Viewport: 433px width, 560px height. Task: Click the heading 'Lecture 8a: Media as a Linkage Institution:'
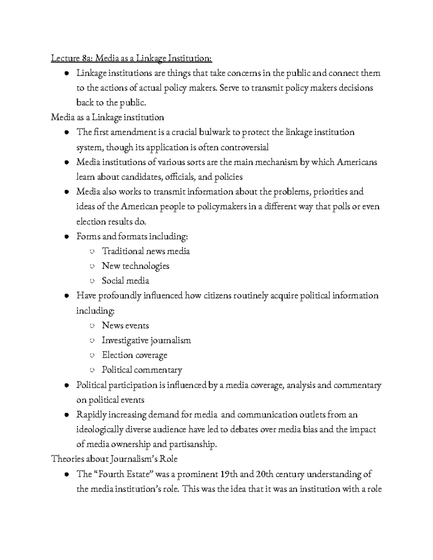[x=132, y=58]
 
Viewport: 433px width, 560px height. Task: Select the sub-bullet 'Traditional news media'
[x=146, y=251]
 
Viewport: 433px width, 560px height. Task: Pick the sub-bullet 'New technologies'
[x=135, y=266]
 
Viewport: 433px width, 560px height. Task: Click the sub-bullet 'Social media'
[x=125, y=281]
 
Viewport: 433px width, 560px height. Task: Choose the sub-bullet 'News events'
[x=125, y=326]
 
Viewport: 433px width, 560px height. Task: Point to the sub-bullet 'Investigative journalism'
[x=146, y=340]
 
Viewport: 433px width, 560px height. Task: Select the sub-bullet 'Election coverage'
[x=134, y=355]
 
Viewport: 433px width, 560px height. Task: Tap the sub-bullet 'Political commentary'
[x=142, y=370]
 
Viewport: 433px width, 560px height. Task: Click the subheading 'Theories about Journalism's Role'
[x=114, y=459]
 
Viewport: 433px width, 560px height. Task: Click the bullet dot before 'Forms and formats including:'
[x=67, y=237]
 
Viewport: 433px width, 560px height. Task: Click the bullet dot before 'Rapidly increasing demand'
[x=67, y=415]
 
